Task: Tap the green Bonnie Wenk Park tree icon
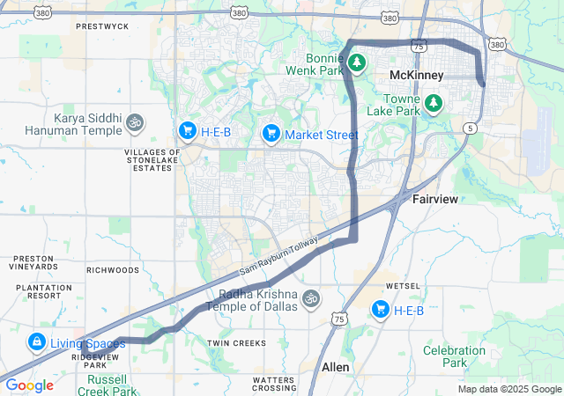(357, 62)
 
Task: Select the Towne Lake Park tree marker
(434, 104)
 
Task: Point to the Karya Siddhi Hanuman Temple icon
(134, 121)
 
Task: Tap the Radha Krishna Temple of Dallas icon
(309, 298)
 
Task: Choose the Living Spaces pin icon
(37, 341)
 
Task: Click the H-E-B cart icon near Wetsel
(381, 309)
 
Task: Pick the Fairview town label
(435, 200)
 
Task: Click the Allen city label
(335, 366)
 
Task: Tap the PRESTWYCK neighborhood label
(102, 26)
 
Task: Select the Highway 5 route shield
(471, 128)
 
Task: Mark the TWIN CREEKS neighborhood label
(235, 342)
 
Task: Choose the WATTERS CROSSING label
(274, 384)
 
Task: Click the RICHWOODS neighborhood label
(114, 269)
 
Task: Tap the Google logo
(29, 385)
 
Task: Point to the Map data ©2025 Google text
(508, 389)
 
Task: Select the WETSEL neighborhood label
(403, 286)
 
